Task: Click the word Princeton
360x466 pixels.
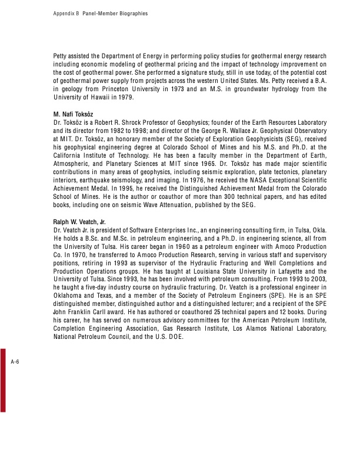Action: coord(127,89)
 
